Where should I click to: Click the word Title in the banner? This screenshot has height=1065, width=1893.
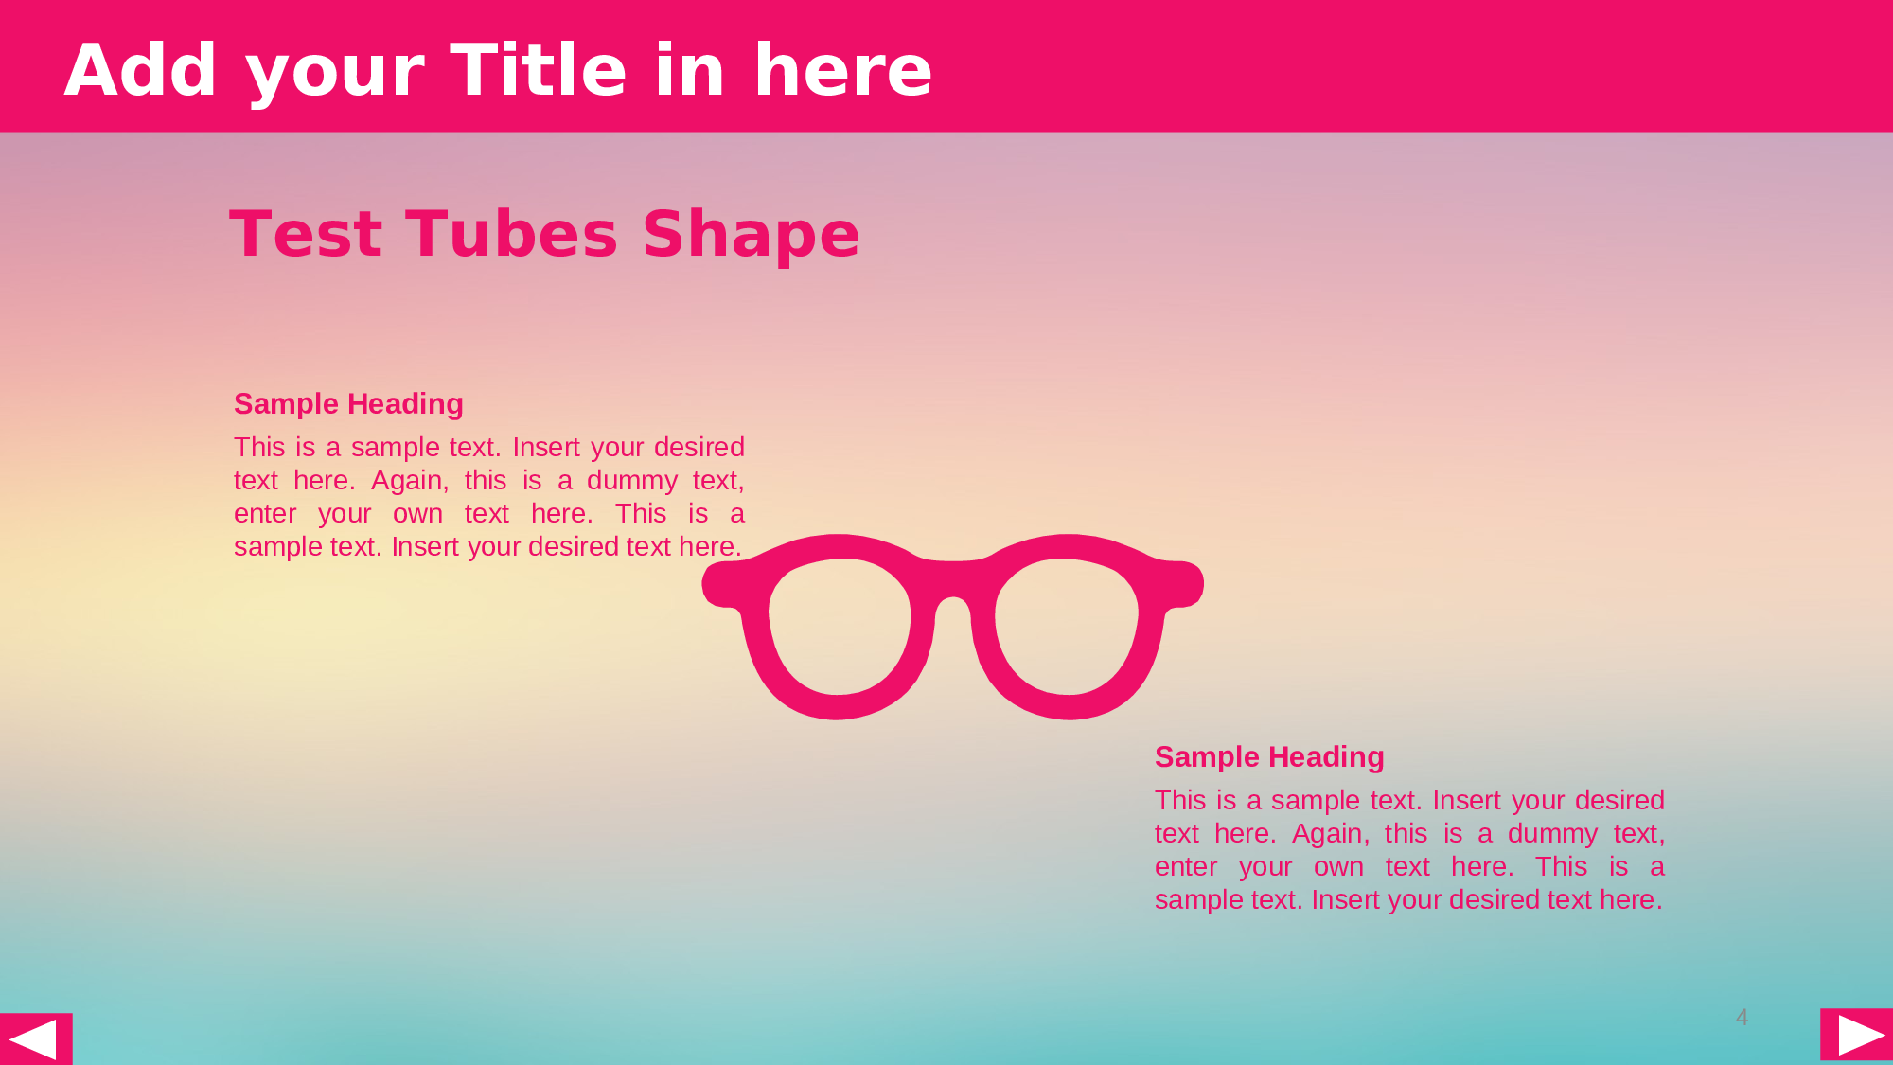tap(539, 70)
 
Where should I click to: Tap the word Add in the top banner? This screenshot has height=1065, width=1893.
tap(141, 70)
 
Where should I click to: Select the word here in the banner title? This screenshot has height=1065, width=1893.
tap(842, 70)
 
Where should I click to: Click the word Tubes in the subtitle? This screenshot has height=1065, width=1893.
tap(512, 234)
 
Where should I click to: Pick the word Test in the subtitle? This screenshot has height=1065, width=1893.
tap(306, 234)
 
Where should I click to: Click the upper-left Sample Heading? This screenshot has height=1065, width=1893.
tap(348, 404)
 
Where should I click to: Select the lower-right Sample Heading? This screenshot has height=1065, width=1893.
tap(1269, 757)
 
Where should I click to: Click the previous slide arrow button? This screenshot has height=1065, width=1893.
tap(36, 1038)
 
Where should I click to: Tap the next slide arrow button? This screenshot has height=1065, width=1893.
tap(1857, 1034)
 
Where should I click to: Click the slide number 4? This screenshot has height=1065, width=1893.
tap(1742, 1018)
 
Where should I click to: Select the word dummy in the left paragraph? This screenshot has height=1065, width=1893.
tap(632, 481)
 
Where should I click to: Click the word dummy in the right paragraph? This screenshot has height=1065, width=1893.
tap(1553, 834)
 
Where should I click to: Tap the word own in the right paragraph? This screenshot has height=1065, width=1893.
tap(1338, 867)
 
